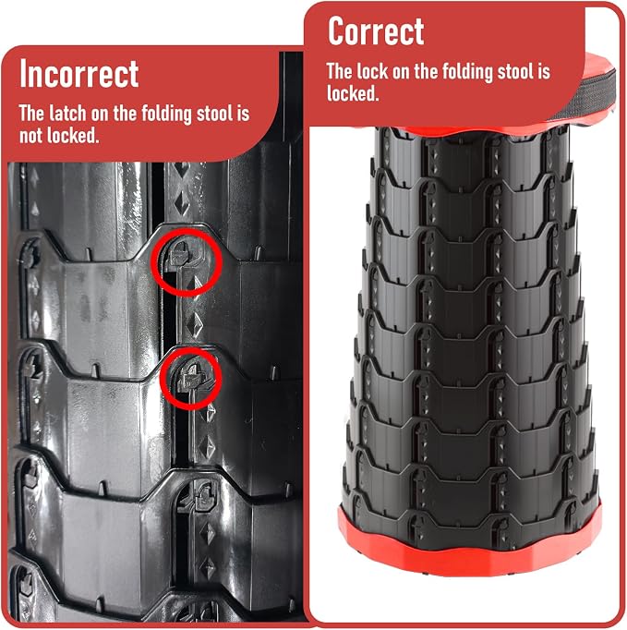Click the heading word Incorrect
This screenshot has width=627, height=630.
tap(79, 74)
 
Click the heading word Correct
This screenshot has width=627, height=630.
tap(376, 30)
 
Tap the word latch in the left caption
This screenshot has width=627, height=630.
tap(67, 114)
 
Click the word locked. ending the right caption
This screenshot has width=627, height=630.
tap(353, 93)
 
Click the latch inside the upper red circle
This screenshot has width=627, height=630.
tap(179, 255)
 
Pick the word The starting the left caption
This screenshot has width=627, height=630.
tap(31, 114)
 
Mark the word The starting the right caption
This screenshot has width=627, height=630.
tap(339, 71)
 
